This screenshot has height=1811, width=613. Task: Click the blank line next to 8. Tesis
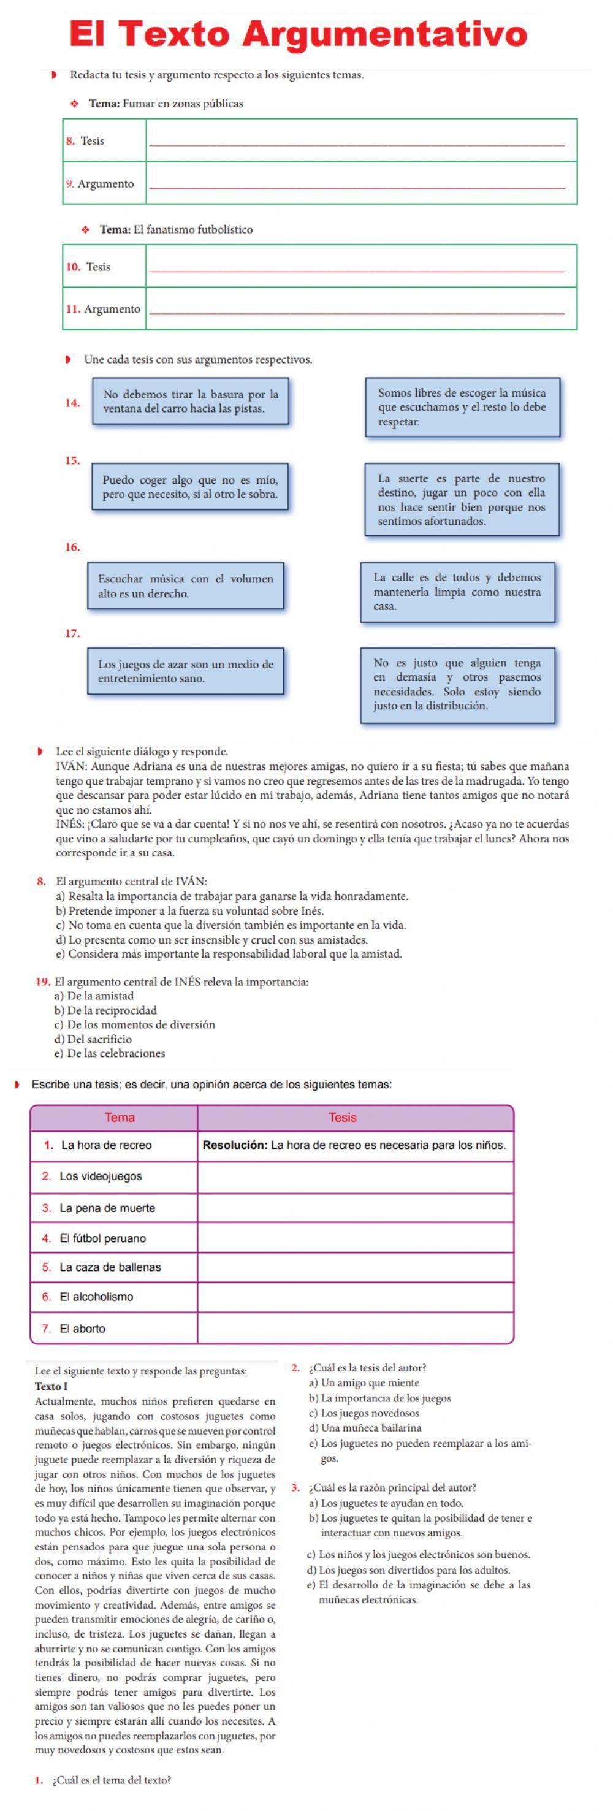(x=357, y=140)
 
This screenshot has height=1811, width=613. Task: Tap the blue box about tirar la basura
(x=191, y=402)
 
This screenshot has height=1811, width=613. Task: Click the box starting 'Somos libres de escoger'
(x=462, y=407)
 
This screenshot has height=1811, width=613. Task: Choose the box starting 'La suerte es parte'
(x=461, y=500)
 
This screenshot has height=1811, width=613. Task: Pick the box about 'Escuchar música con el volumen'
(x=186, y=585)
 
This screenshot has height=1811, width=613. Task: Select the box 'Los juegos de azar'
(x=186, y=671)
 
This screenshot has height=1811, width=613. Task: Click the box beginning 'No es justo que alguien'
(x=457, y=684)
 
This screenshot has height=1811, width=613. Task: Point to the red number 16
(x=72, y=547)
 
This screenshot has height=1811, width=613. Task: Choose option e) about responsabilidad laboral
(x=229, y=954)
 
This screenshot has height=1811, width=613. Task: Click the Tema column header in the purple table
(x=120, y=1117)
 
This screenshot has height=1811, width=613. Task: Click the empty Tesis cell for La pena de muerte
(x=355, y=1208)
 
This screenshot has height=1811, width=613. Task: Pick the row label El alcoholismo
(x=96, y=1297)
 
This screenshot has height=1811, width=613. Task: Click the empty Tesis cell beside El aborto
(x=355, y=1328)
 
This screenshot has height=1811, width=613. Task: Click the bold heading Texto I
(x=51, y=1386)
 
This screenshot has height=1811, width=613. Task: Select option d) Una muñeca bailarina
(x=365, y=1428)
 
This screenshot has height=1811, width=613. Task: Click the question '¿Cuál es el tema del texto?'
(x=111, y=1780)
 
